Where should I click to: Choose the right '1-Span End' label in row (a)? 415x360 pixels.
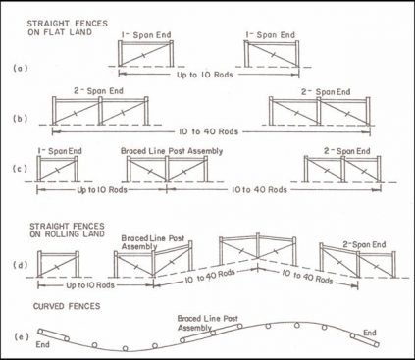(268, 35)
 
